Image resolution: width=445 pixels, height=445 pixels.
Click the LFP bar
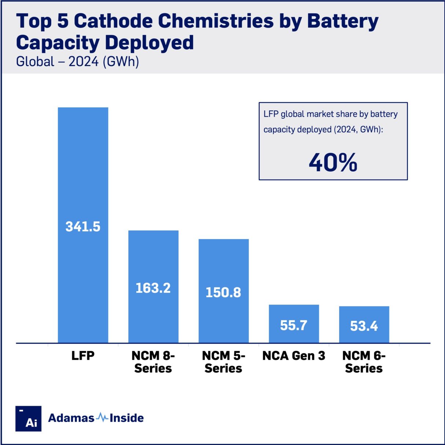(x=83, y=165)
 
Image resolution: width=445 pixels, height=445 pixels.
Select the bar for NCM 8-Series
(x=153, y=257)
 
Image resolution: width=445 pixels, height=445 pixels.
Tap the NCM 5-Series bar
(x=224, y=264)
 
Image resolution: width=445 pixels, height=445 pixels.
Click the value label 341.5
(x=83, y=227)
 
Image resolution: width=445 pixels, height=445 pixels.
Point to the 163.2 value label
(x=153, y=288)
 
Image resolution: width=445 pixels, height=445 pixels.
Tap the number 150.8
(x=223, y=293)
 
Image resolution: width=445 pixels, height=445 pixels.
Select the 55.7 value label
(x=294, y=325)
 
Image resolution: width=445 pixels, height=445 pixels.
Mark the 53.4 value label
(x=364, y=326)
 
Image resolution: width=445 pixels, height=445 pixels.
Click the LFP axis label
(x=83, y=356)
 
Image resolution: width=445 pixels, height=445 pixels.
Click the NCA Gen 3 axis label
(x=294, y=356)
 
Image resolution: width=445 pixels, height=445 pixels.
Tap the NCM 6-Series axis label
(x=364, y=362)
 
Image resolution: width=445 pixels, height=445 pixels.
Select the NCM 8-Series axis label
(x=153, y=362)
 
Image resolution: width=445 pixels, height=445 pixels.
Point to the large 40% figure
(x=333, y=162)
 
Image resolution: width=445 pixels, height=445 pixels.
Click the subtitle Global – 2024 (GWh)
(x=77, y=61)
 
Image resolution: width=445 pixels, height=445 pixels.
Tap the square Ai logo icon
(x=28, y=419)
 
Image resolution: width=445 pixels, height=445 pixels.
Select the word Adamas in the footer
(x=71, y=418)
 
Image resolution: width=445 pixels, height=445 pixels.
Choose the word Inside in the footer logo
(x=126, y=418)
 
